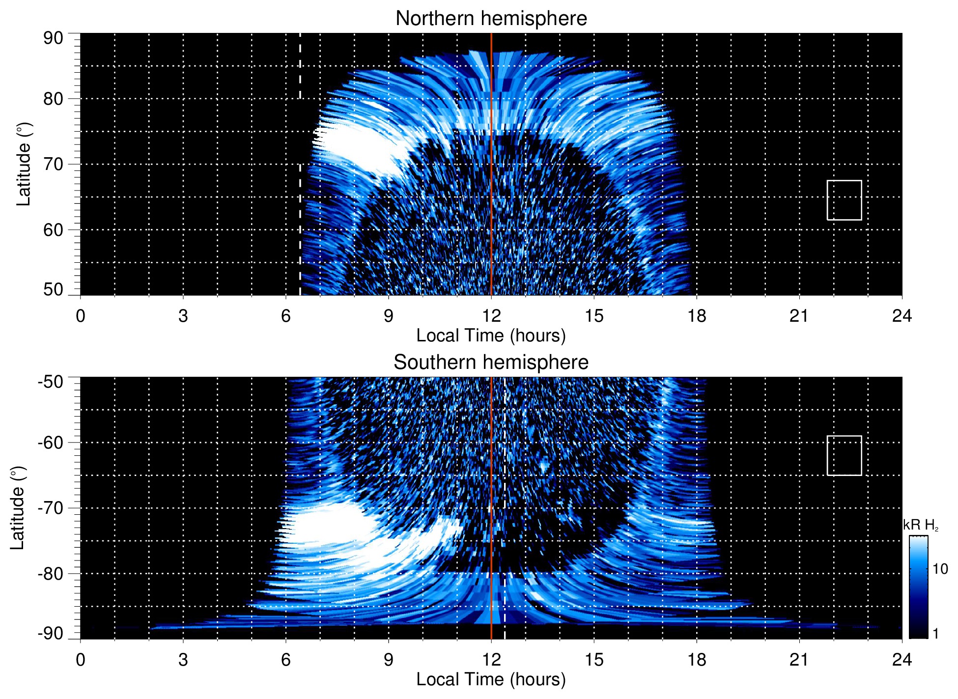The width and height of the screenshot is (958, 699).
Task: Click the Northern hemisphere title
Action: pos(491,19)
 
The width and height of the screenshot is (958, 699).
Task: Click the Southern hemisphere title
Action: pos(491,363)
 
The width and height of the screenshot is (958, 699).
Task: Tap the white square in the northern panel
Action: pos(844,200)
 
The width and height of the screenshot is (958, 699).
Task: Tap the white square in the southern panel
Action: pos(844,455)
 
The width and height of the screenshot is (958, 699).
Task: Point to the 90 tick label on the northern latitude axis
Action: pos(53,38)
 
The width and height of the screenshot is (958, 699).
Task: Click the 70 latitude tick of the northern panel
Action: pos(53,164)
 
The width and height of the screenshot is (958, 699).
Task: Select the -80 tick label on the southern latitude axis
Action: pos(50,573)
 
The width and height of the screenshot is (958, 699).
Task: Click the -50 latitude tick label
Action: pos(50,382)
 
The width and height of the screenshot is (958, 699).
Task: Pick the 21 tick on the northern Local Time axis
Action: pos(799,316)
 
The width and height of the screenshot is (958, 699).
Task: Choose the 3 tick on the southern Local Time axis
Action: pos(183,660)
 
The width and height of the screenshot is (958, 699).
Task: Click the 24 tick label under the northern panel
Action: pos(902,316)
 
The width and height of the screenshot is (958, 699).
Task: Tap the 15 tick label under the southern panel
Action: pos(593,660)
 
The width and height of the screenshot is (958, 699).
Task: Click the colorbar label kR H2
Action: pos(920,525)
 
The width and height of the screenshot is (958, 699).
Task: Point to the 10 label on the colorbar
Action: pos(940,569)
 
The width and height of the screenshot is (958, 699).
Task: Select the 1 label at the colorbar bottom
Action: pos(935,634)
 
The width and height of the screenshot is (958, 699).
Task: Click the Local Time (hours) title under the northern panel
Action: pos(491,336)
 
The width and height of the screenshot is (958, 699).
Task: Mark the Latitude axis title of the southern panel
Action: pos(18,508)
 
